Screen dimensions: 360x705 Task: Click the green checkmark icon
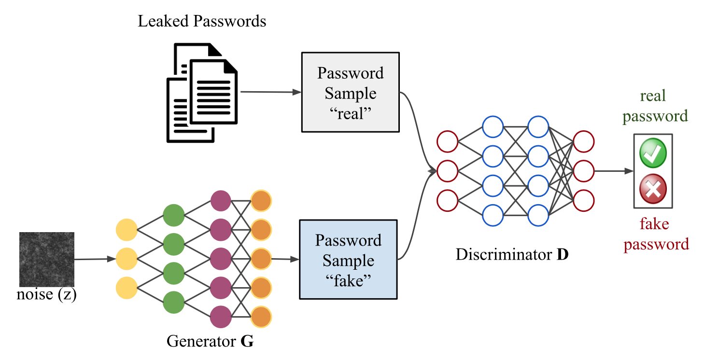tap(653, 154)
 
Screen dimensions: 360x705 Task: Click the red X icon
tap(653, 189)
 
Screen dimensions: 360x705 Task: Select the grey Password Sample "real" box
tap(350, 92)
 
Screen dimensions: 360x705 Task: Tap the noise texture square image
tap(46, 259)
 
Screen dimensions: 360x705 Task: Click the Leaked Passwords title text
tap(202, 21)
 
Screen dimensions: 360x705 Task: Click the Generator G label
tap(210, 342)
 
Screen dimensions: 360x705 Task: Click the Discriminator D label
tap(512, 254)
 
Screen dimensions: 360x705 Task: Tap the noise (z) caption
tap(46, 294)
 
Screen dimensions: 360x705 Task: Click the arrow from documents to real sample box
tap(270, 92)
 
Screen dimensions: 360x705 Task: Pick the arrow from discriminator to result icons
tap(613, 171)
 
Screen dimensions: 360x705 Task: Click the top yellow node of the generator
tap(127, 229)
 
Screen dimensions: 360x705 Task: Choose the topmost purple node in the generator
tap(221, 200)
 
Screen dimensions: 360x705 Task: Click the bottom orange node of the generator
tap(261, 317)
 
